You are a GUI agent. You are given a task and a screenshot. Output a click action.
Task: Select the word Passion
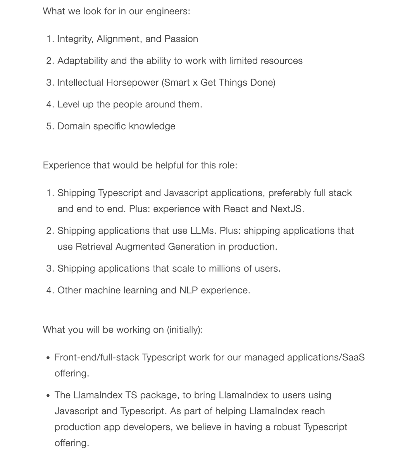pos(181,39)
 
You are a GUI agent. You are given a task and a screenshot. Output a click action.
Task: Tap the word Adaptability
pos(83,61)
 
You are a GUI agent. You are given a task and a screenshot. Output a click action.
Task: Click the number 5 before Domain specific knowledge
pos(49,126)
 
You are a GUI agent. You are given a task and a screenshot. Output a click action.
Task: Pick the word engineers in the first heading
pos(169,11)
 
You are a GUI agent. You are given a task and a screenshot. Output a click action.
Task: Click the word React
pos(236,209)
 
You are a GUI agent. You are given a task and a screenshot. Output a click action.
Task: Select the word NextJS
pos(287,209)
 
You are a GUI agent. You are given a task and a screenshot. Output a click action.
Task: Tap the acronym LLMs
pos(203,231)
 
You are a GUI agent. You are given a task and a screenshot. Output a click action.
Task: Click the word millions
pos(224,269)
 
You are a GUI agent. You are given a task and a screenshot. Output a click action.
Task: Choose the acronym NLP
pos(188,290)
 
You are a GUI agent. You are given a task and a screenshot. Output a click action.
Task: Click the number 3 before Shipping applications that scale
pos(49,269)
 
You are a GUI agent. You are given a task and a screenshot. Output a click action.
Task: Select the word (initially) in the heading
pos(184,330)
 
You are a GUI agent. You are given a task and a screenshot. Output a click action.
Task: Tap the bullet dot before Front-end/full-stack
pos(48,358)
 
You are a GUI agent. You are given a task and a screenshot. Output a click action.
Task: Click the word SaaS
pos(353,357)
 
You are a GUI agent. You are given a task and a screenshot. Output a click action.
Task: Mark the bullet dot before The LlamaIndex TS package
pos(48,396)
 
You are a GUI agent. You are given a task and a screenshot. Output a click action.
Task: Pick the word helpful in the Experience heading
pos(169,165)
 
